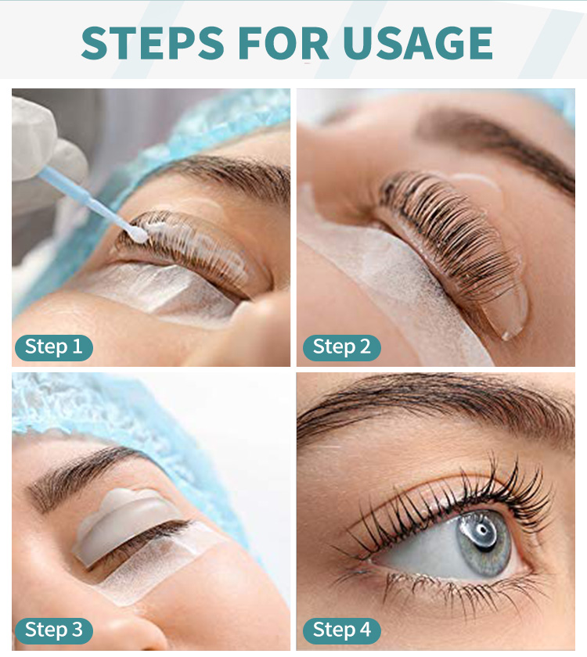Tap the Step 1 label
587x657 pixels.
pos(53,346)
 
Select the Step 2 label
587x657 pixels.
pos(341,346)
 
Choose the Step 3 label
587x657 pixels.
pos(53,629)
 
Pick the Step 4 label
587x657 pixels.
pos(341,629)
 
